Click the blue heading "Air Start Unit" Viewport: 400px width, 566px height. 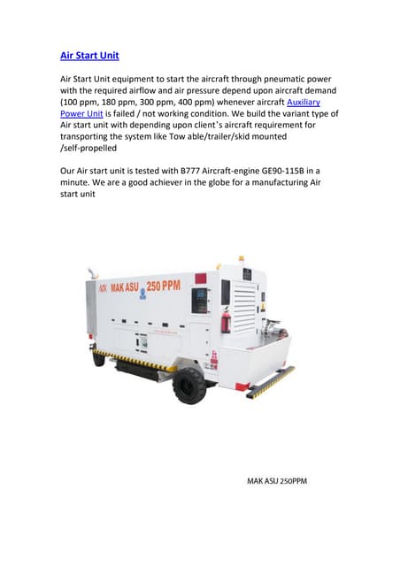tap(89, 56)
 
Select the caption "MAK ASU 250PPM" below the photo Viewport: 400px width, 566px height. tap(277, 482)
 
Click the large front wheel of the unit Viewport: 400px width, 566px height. tap(190, 385)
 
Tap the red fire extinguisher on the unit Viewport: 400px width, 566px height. tap(226, 319)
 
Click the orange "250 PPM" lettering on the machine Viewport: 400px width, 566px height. tap(163, 289)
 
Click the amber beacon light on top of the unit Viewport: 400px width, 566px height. tap(242, 259)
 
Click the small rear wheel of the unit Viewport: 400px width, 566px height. tap(100, 359)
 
